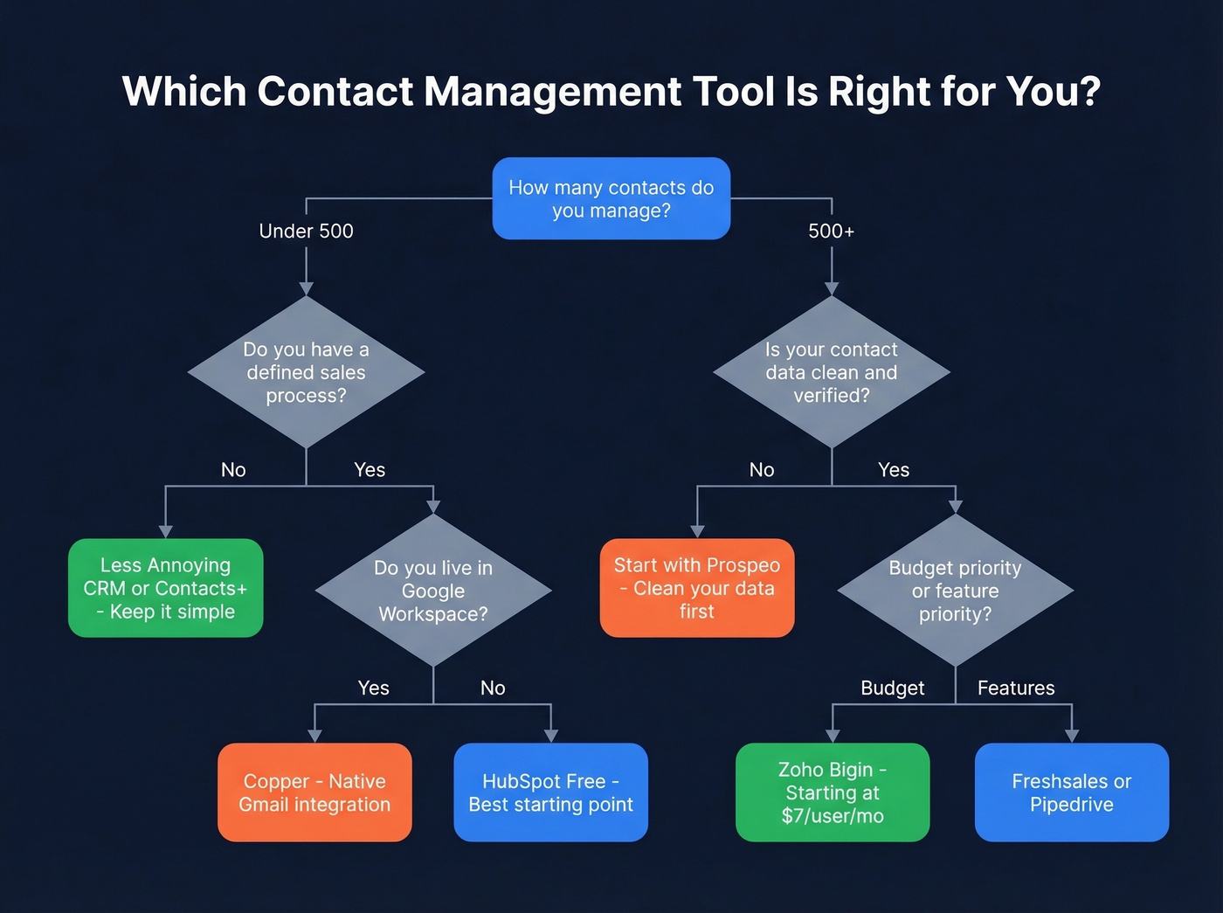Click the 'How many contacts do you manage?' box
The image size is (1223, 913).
click(611, 198)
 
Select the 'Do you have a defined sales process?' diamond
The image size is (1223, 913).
click(306, 372)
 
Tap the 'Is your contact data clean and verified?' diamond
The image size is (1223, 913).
click(831, 372)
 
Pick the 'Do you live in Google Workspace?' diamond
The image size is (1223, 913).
click(433, 591)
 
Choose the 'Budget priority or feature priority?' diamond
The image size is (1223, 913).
click(955, 591)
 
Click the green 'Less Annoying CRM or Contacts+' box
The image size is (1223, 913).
click(165, 588)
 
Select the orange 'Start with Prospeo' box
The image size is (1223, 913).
click(696, 588)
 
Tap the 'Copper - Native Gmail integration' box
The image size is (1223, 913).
click(314, 792)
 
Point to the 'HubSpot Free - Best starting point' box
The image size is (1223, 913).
click(550, 792)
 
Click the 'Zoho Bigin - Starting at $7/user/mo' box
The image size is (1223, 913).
click(833, 792)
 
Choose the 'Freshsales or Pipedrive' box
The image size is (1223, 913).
click(1071, 792)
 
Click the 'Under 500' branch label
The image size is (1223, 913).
click(306, 232)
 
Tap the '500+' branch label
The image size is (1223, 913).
click(831, 232)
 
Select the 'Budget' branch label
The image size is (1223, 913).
click(892, 688)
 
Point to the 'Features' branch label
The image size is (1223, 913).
click(1016, 688)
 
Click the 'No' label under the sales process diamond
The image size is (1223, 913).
click(233, 470)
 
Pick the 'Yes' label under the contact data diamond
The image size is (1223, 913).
click(894, 470)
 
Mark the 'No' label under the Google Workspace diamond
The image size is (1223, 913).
click(493, 688)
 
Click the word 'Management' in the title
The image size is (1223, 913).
click(552, 92)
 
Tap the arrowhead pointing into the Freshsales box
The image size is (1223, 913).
click(1072, 736)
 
